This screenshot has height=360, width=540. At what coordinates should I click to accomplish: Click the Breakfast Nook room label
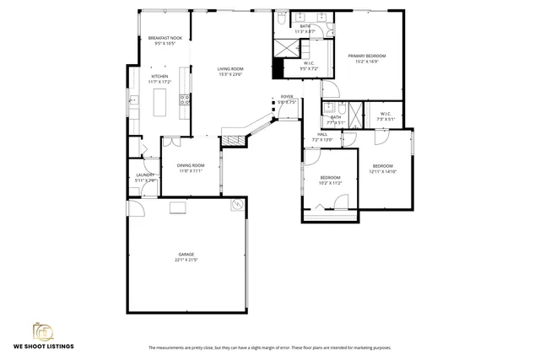click(x=165, y=38)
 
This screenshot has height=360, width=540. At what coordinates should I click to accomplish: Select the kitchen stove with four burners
click(x=134, y=101)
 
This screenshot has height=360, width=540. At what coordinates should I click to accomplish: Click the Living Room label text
click(x=230, y=68)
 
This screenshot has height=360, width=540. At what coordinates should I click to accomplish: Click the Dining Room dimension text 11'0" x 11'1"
click(x=191, y=171)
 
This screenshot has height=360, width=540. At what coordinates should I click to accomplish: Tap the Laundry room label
click(x=145, y=175)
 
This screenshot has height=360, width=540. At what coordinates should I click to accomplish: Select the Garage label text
click(x=186, y=253)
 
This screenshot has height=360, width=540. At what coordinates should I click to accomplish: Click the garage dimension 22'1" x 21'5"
click(x=186, y=259)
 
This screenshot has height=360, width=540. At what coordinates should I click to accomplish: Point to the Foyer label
click(x=287, y=97)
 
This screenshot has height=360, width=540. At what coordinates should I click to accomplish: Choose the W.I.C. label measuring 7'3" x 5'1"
click(x=385, y=114)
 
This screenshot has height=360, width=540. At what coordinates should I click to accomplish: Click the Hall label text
click(x=322, y=134)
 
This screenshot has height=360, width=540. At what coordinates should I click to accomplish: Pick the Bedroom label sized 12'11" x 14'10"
click(x=383, y=166)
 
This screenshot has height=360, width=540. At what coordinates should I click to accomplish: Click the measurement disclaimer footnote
click(x=270, y=347)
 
